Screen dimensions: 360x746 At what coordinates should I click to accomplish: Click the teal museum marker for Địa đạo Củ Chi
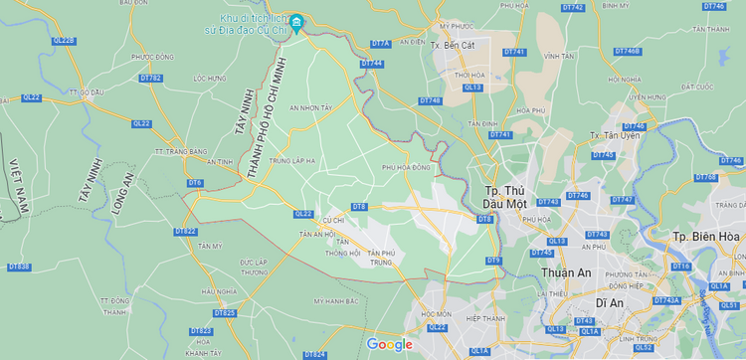tap(296, 21)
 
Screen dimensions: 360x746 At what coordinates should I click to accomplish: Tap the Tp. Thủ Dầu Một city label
tap(504, 196)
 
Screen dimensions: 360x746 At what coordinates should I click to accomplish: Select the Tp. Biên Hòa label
tap(706, 236)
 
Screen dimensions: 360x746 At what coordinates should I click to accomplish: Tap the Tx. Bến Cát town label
tap(453, 45)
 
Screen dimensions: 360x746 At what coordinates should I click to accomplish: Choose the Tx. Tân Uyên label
tap(612, 134)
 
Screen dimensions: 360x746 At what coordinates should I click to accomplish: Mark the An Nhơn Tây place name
tap(310, 107)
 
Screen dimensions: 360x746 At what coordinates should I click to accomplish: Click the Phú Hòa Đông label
tap(407, 168)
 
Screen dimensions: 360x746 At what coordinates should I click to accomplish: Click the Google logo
tap(389, 344)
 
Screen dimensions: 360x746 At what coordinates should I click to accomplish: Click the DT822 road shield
tap(186, 232)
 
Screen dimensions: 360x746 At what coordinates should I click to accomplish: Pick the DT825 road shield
tap(225, 313)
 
